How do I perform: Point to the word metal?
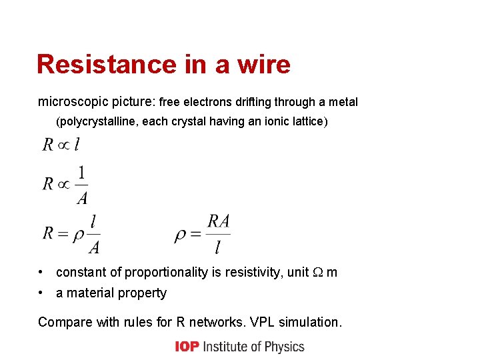pyautogui.click(x=343, y=103)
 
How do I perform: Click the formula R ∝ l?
pyautogui.click(x=61, y=144)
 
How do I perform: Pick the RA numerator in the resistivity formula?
pyautogui.click(x=219, y=221)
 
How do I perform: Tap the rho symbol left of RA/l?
pyautogui.click(x=180, y=235)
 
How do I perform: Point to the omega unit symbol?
pyautogui.click(x=318, y=273)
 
